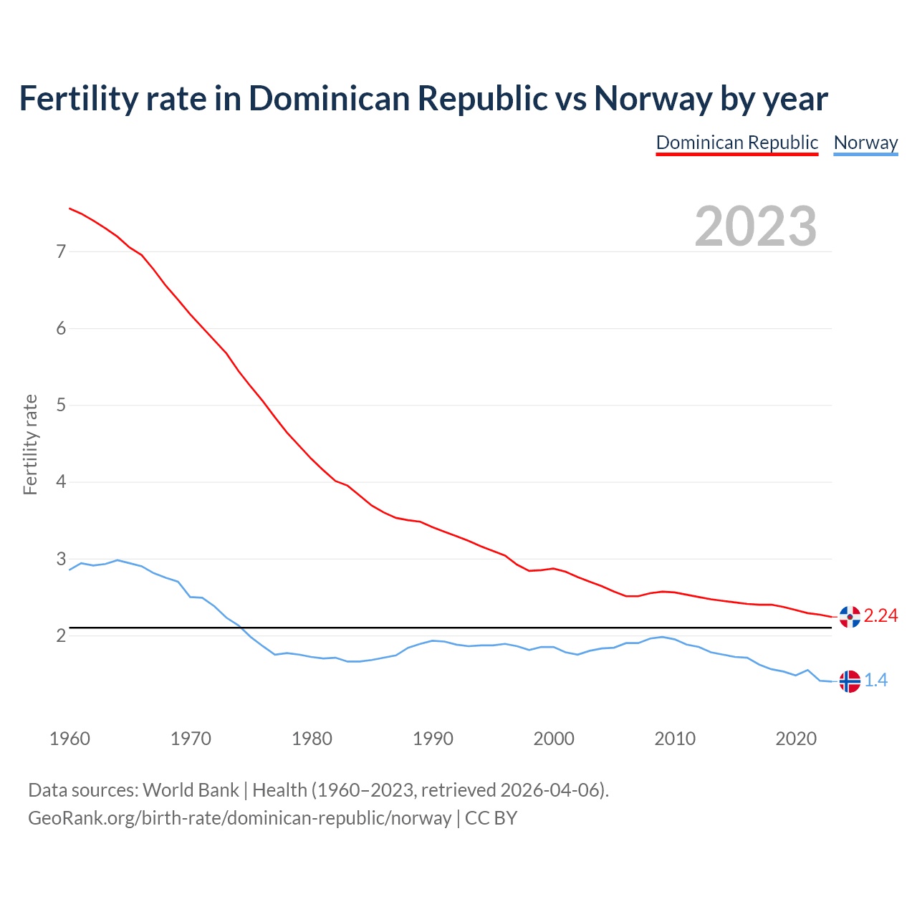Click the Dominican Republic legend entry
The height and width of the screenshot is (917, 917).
click(736, 143)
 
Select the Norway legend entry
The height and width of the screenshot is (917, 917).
click(865, 143)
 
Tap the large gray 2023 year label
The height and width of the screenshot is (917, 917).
click(756, 226)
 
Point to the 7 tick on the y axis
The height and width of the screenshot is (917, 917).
click(61, 251)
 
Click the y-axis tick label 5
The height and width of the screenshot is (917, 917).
click(61, 405)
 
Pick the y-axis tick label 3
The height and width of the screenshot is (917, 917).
click(61, 559)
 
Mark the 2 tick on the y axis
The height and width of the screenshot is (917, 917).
click(61, 635)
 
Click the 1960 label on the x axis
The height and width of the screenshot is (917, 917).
click(69, 739)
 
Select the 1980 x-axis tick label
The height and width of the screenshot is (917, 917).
click(312, 739)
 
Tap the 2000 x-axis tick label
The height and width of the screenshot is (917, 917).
click(554, 739)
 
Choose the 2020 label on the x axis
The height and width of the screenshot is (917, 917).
click(796, 739)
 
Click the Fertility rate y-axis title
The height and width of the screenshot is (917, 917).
click(30, 444)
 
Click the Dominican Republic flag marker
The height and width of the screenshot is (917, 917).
click(850, 617)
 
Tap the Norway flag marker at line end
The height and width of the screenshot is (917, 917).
click(850, 681)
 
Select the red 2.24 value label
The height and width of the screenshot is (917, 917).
click(880, 616)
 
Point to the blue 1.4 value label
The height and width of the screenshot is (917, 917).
click(875, 681)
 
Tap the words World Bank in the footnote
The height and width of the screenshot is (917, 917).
click(191, 790)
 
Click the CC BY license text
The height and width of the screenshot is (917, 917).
click(491, 818)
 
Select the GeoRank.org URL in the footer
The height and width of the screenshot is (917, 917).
click(239, 818)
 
